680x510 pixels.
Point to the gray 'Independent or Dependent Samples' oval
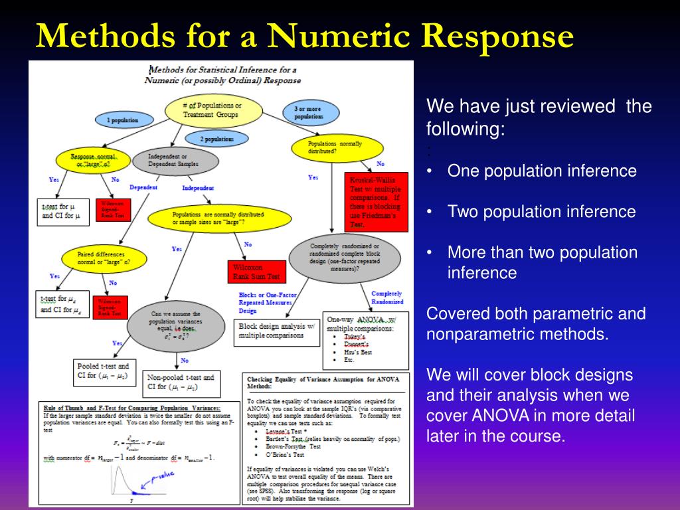click(x=175, y=160)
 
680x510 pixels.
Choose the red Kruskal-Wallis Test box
click(x=377, y=202)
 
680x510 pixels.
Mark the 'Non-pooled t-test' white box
click(x=181, y=382)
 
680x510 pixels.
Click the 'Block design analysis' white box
click(x=277, y=331)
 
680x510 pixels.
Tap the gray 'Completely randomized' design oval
click(x=345, y=258)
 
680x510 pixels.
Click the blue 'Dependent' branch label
click(x=143, y=188)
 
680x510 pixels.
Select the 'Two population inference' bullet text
click(x=541, y=212)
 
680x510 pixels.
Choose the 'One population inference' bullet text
click(x=542, y=171)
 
